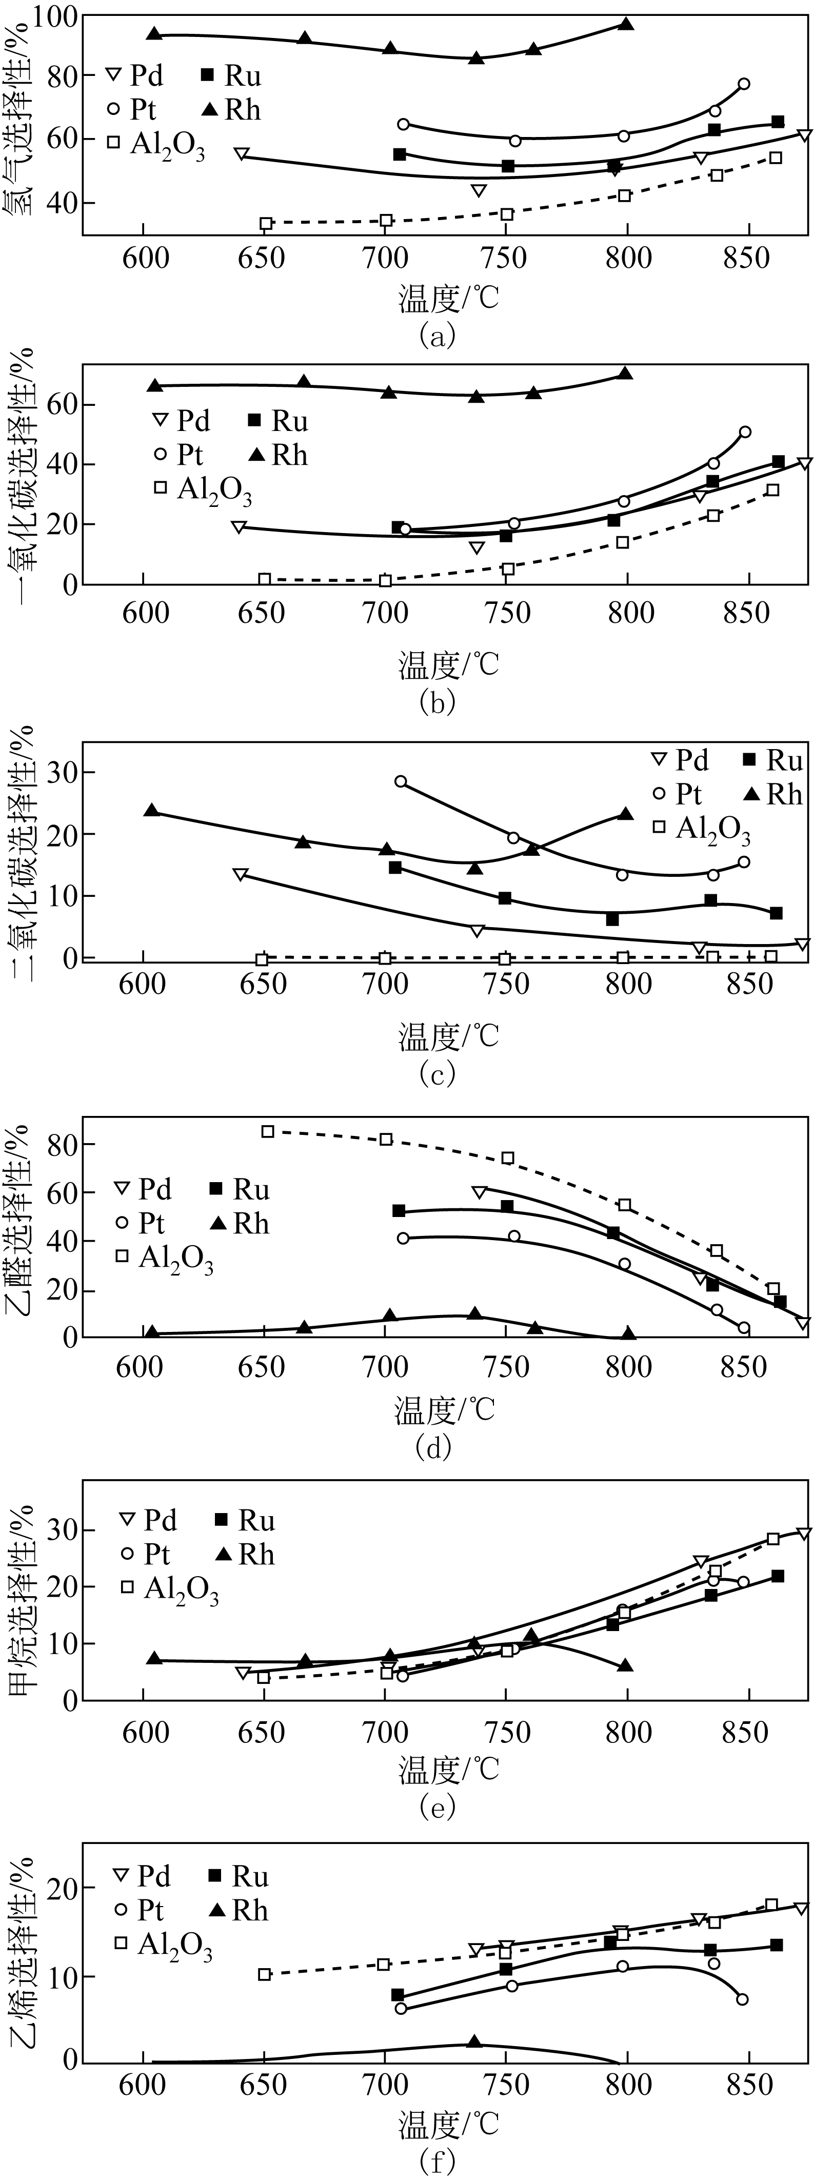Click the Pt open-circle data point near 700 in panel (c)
401,781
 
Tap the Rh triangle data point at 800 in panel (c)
626,814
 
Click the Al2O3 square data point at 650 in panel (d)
267,1131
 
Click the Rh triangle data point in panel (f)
474,2042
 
